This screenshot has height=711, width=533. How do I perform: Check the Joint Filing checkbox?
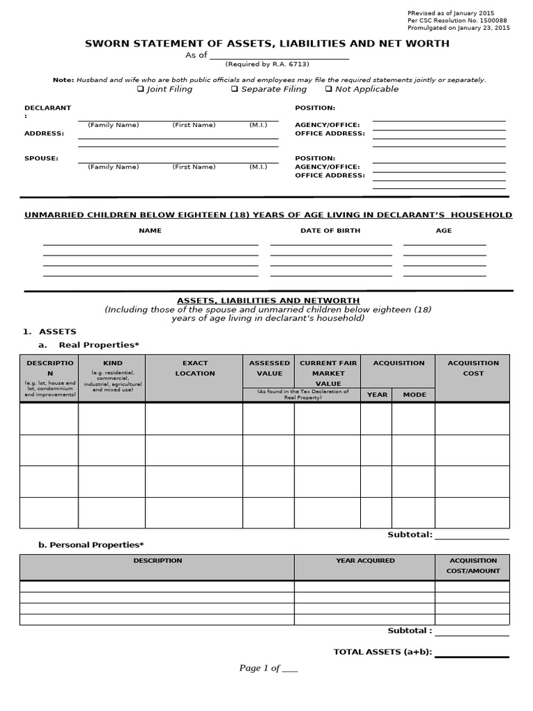(x=141, y=89)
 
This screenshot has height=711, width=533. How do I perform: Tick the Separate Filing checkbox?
(x=235, y=89)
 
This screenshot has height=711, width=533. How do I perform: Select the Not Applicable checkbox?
(x=328, y=89)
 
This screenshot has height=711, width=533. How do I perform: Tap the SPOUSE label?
(x=42, y=158)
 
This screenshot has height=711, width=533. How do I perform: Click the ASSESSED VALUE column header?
(x=269, y=368)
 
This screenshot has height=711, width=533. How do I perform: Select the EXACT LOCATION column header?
(x=194, y=368)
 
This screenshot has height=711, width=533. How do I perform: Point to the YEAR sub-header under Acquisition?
(x=377, y=394)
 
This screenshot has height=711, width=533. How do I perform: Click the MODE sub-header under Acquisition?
(x=414, y=394)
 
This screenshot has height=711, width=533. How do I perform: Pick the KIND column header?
(x=112, y=363)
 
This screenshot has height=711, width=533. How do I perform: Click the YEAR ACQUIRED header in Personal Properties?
(x=365, y=560)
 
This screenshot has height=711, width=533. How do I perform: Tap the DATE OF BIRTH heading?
(x=330, y=231)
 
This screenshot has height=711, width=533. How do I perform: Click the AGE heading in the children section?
(x=443, y=231)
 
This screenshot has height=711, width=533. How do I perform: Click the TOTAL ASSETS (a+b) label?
(x=382, y=651)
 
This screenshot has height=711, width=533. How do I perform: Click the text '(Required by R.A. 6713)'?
(x=266, y=64)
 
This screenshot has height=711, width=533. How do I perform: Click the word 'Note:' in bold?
(x=63, y=80)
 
